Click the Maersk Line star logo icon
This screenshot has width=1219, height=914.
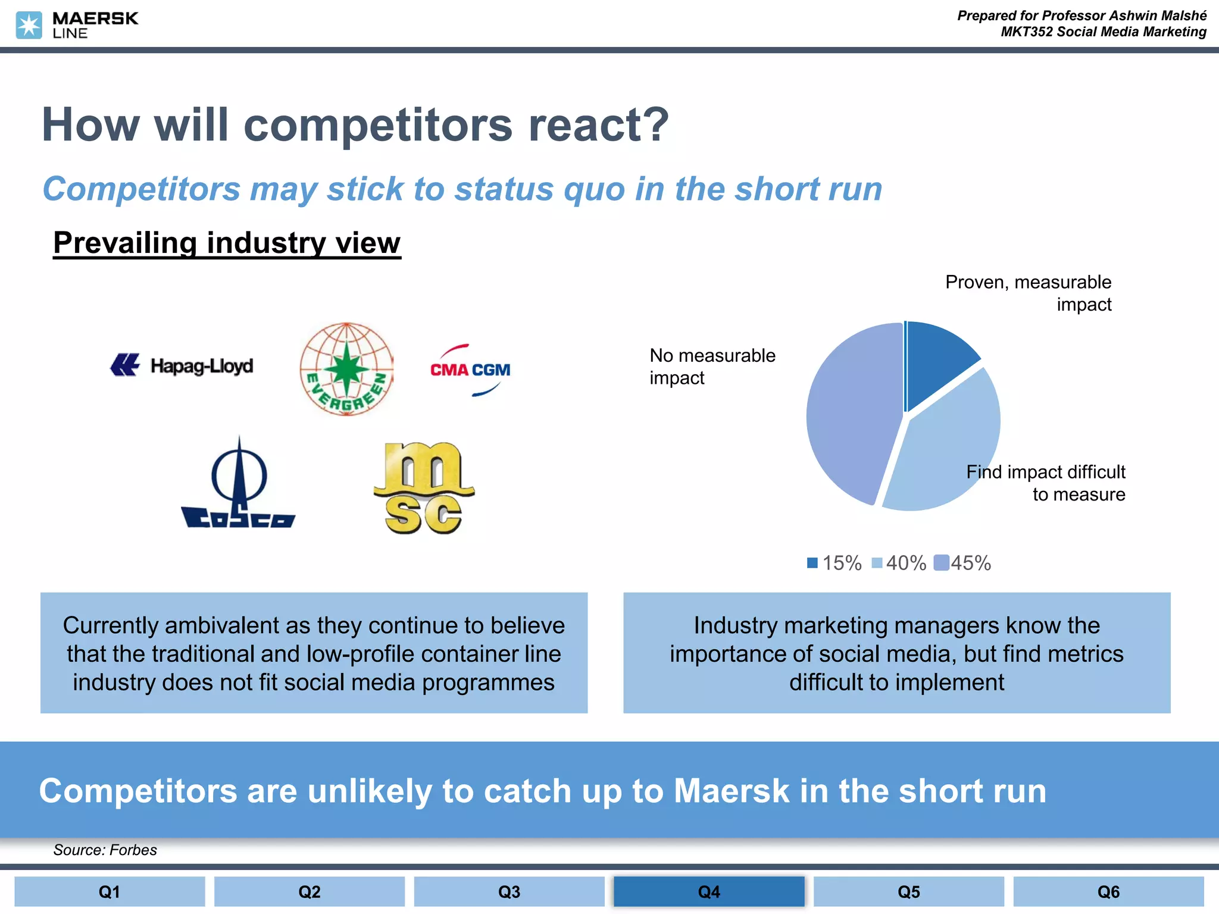point(29,26)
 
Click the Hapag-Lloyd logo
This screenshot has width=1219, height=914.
point(182,365)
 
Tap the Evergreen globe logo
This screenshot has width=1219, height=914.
point(346,369)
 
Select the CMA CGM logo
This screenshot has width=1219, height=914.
point(470,370)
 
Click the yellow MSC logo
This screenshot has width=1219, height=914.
point(424,488)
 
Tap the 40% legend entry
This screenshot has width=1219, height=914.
point(899,563)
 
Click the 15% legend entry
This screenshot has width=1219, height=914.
point(834,563)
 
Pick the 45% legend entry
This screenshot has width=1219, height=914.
point(963,563)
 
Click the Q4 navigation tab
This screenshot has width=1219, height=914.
point(709,891)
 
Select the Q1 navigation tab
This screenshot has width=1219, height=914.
point(110,891)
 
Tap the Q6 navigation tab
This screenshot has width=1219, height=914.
point(1108,891)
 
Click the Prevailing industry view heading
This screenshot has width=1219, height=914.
point(227,243)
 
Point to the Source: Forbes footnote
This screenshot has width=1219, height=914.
point(105,850)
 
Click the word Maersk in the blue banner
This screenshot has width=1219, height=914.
point(732,791)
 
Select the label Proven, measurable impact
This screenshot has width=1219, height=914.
point(1029,293)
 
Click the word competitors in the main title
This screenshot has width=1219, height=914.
point(378,126)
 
